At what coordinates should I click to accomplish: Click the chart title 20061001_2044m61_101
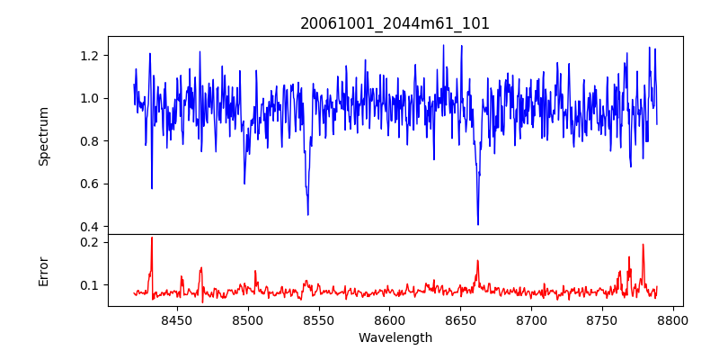coord(395,23)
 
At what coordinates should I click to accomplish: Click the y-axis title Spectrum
coord(44,136)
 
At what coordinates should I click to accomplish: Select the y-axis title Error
coord(44,271)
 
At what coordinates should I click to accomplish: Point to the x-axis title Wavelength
coord(395,338)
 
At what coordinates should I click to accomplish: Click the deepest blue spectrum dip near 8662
coord(478,224)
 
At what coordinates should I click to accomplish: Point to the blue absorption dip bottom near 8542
coord(307,214)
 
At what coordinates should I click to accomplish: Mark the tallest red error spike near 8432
coord(152,238)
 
